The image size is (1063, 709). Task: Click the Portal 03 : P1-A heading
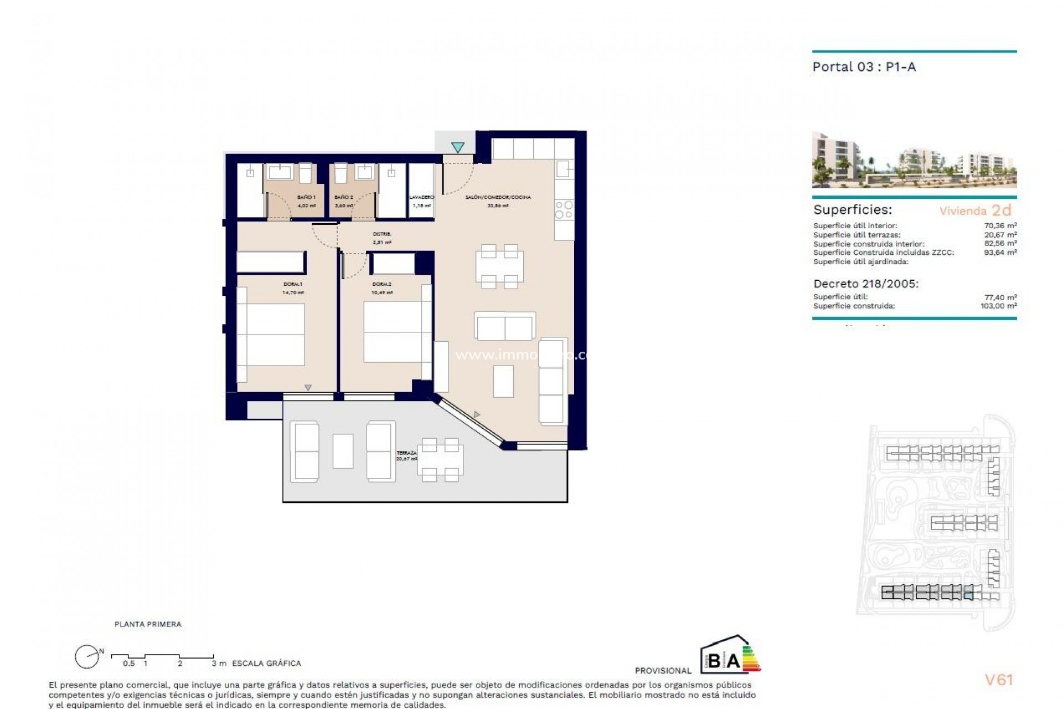click(x=864, y=67)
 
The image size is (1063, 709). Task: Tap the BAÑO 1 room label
click(x=306, y=197)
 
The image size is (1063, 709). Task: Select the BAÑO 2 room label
click(x=343, y=197)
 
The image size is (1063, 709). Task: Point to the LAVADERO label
click(x=421, y=197)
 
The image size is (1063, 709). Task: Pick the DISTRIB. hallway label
click(x=382, y=234)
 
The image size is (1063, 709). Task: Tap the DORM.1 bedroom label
click(x=293, y=285)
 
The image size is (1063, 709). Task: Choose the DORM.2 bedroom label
click(x=382, y=285)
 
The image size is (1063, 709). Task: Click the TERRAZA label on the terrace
click(x=406, y=453)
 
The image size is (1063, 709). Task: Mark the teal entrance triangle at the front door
click(x=457, y=147)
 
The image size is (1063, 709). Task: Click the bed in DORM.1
click(x=271, y=334)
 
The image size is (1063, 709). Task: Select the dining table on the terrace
click(x=440, y=459)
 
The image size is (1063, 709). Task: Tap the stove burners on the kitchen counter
click(x=564, y=210)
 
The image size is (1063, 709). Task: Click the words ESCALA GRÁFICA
click(x=266, y=663)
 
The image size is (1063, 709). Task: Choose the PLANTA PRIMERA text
click(x=148, y=624)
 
